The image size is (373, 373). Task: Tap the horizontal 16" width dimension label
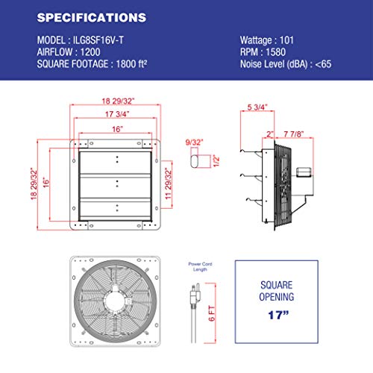114,128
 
